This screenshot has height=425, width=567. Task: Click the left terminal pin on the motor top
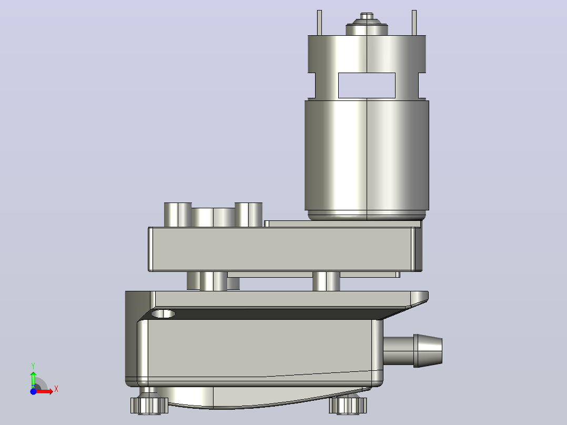tap(319, 23)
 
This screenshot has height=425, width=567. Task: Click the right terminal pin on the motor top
tap(414, 23)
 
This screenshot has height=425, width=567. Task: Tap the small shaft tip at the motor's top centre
tap(367, 16)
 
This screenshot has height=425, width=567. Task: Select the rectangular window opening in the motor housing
tap(367, 85)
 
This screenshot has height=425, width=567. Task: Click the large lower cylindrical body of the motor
tap(367, 156)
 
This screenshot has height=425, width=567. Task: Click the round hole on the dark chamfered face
tap(163, 313)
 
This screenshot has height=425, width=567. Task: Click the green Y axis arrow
tap(33, 379)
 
